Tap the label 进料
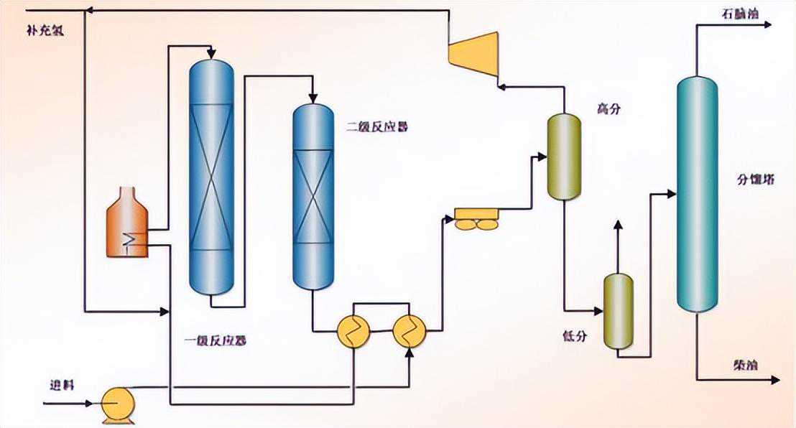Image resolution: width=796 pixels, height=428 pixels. click(x=63, y=383)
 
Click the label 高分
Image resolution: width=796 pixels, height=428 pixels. click(x=608, y=109)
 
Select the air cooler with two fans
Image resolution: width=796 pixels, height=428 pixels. click(x=477, y=219)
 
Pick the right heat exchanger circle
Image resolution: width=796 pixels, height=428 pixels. click(x=409, y=331)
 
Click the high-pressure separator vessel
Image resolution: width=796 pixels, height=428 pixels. click(x=563, y=157)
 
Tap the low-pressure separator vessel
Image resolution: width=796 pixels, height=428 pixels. click(x=618, y=312)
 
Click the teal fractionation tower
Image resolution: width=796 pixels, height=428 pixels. click(x=697, y=194)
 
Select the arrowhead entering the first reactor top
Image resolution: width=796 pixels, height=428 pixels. click(x=211, y=53)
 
